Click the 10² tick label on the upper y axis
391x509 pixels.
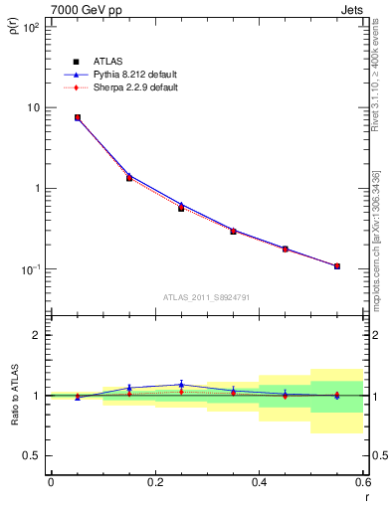(33, 27)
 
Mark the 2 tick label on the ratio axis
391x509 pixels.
(37, 335)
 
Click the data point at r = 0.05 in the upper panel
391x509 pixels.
(78, 117)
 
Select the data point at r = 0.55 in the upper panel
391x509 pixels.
(337, 266)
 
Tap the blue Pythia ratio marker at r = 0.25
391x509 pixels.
(181, 384)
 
